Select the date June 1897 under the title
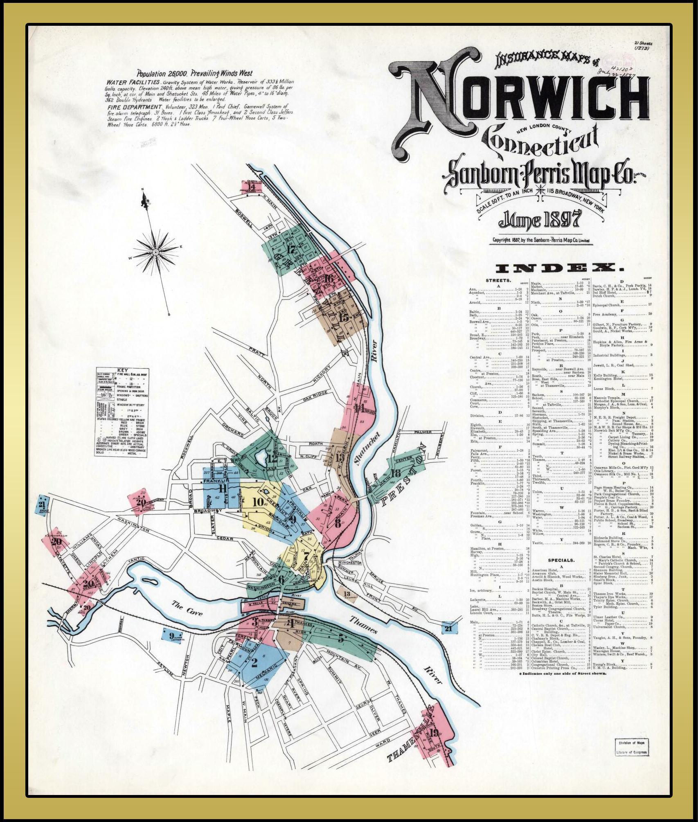[x=540, y=221]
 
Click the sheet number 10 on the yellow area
[x=258, y=502]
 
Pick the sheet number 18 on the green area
[x=396, y=474]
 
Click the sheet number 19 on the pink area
[x=434, y=732]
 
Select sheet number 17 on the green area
[x=291, y=250]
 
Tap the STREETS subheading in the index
[x=498, y=281]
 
